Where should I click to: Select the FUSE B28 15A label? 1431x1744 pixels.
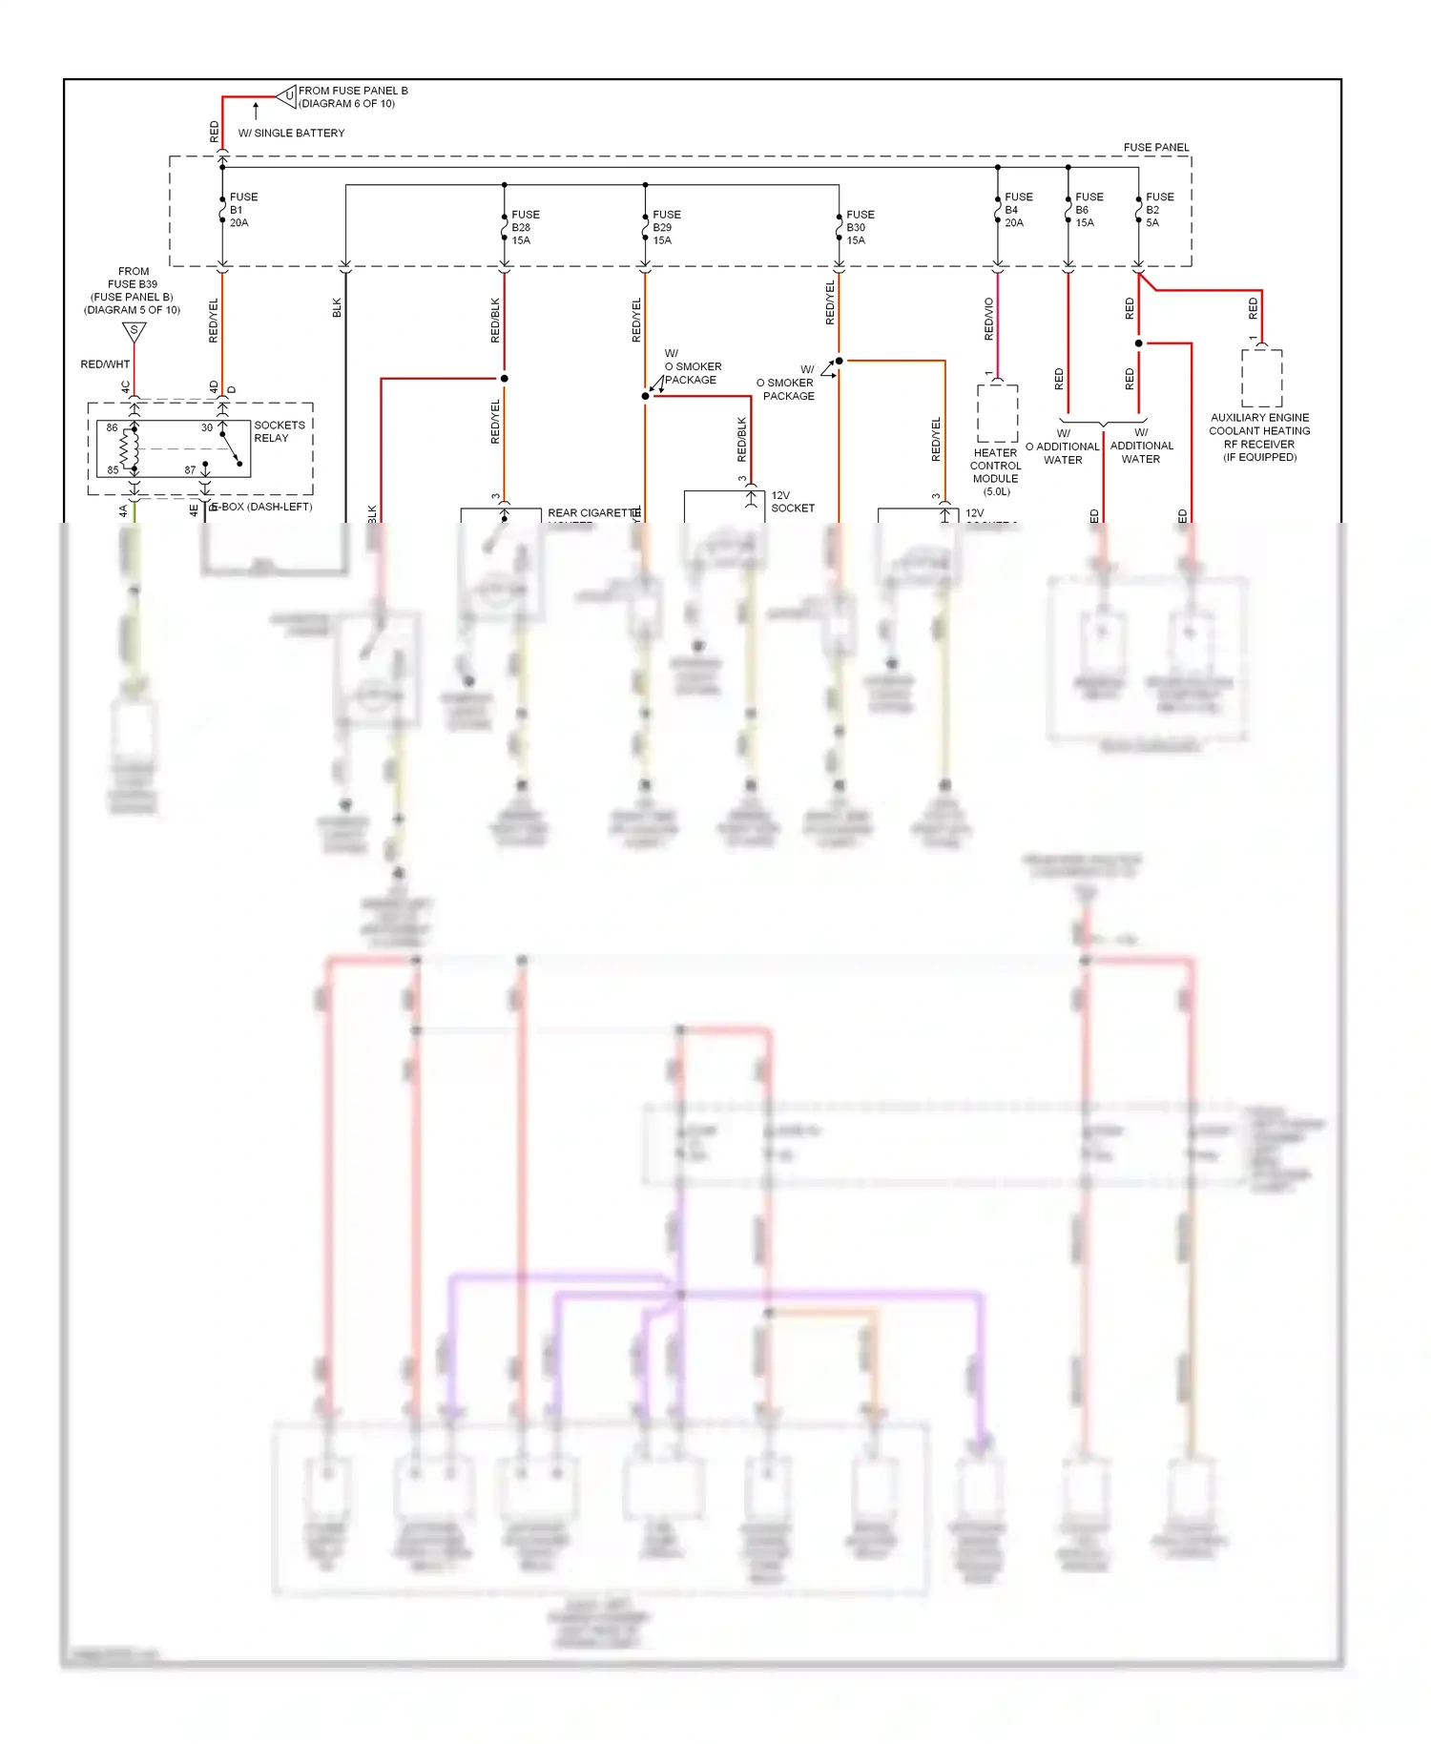pos(524,227)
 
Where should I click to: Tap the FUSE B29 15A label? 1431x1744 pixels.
pos(665,227)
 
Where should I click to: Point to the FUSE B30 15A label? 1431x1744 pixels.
pos(859,227)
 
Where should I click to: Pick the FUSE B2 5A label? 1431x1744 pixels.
pos(1158,210)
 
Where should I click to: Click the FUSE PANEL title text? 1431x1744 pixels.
pos(1155,147)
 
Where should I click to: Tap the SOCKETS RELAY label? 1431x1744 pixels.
pos(279,431)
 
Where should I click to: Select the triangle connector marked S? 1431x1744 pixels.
pos(135,332)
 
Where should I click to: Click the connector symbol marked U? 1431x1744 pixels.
pos(287,95)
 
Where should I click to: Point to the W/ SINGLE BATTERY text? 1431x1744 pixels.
pos(291,133)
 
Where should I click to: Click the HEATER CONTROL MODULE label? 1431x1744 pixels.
pos(995,471)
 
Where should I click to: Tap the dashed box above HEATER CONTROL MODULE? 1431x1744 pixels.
pos(997,413)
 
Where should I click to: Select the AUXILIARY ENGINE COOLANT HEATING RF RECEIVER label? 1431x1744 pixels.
pos(1259,437)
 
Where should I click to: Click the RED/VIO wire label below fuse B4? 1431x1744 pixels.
pos(988,319)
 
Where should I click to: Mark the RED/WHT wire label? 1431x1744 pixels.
pos(105,364)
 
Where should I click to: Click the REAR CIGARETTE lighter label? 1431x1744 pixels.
pos(592,512)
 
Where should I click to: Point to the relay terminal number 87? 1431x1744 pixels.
pos(190,469)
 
